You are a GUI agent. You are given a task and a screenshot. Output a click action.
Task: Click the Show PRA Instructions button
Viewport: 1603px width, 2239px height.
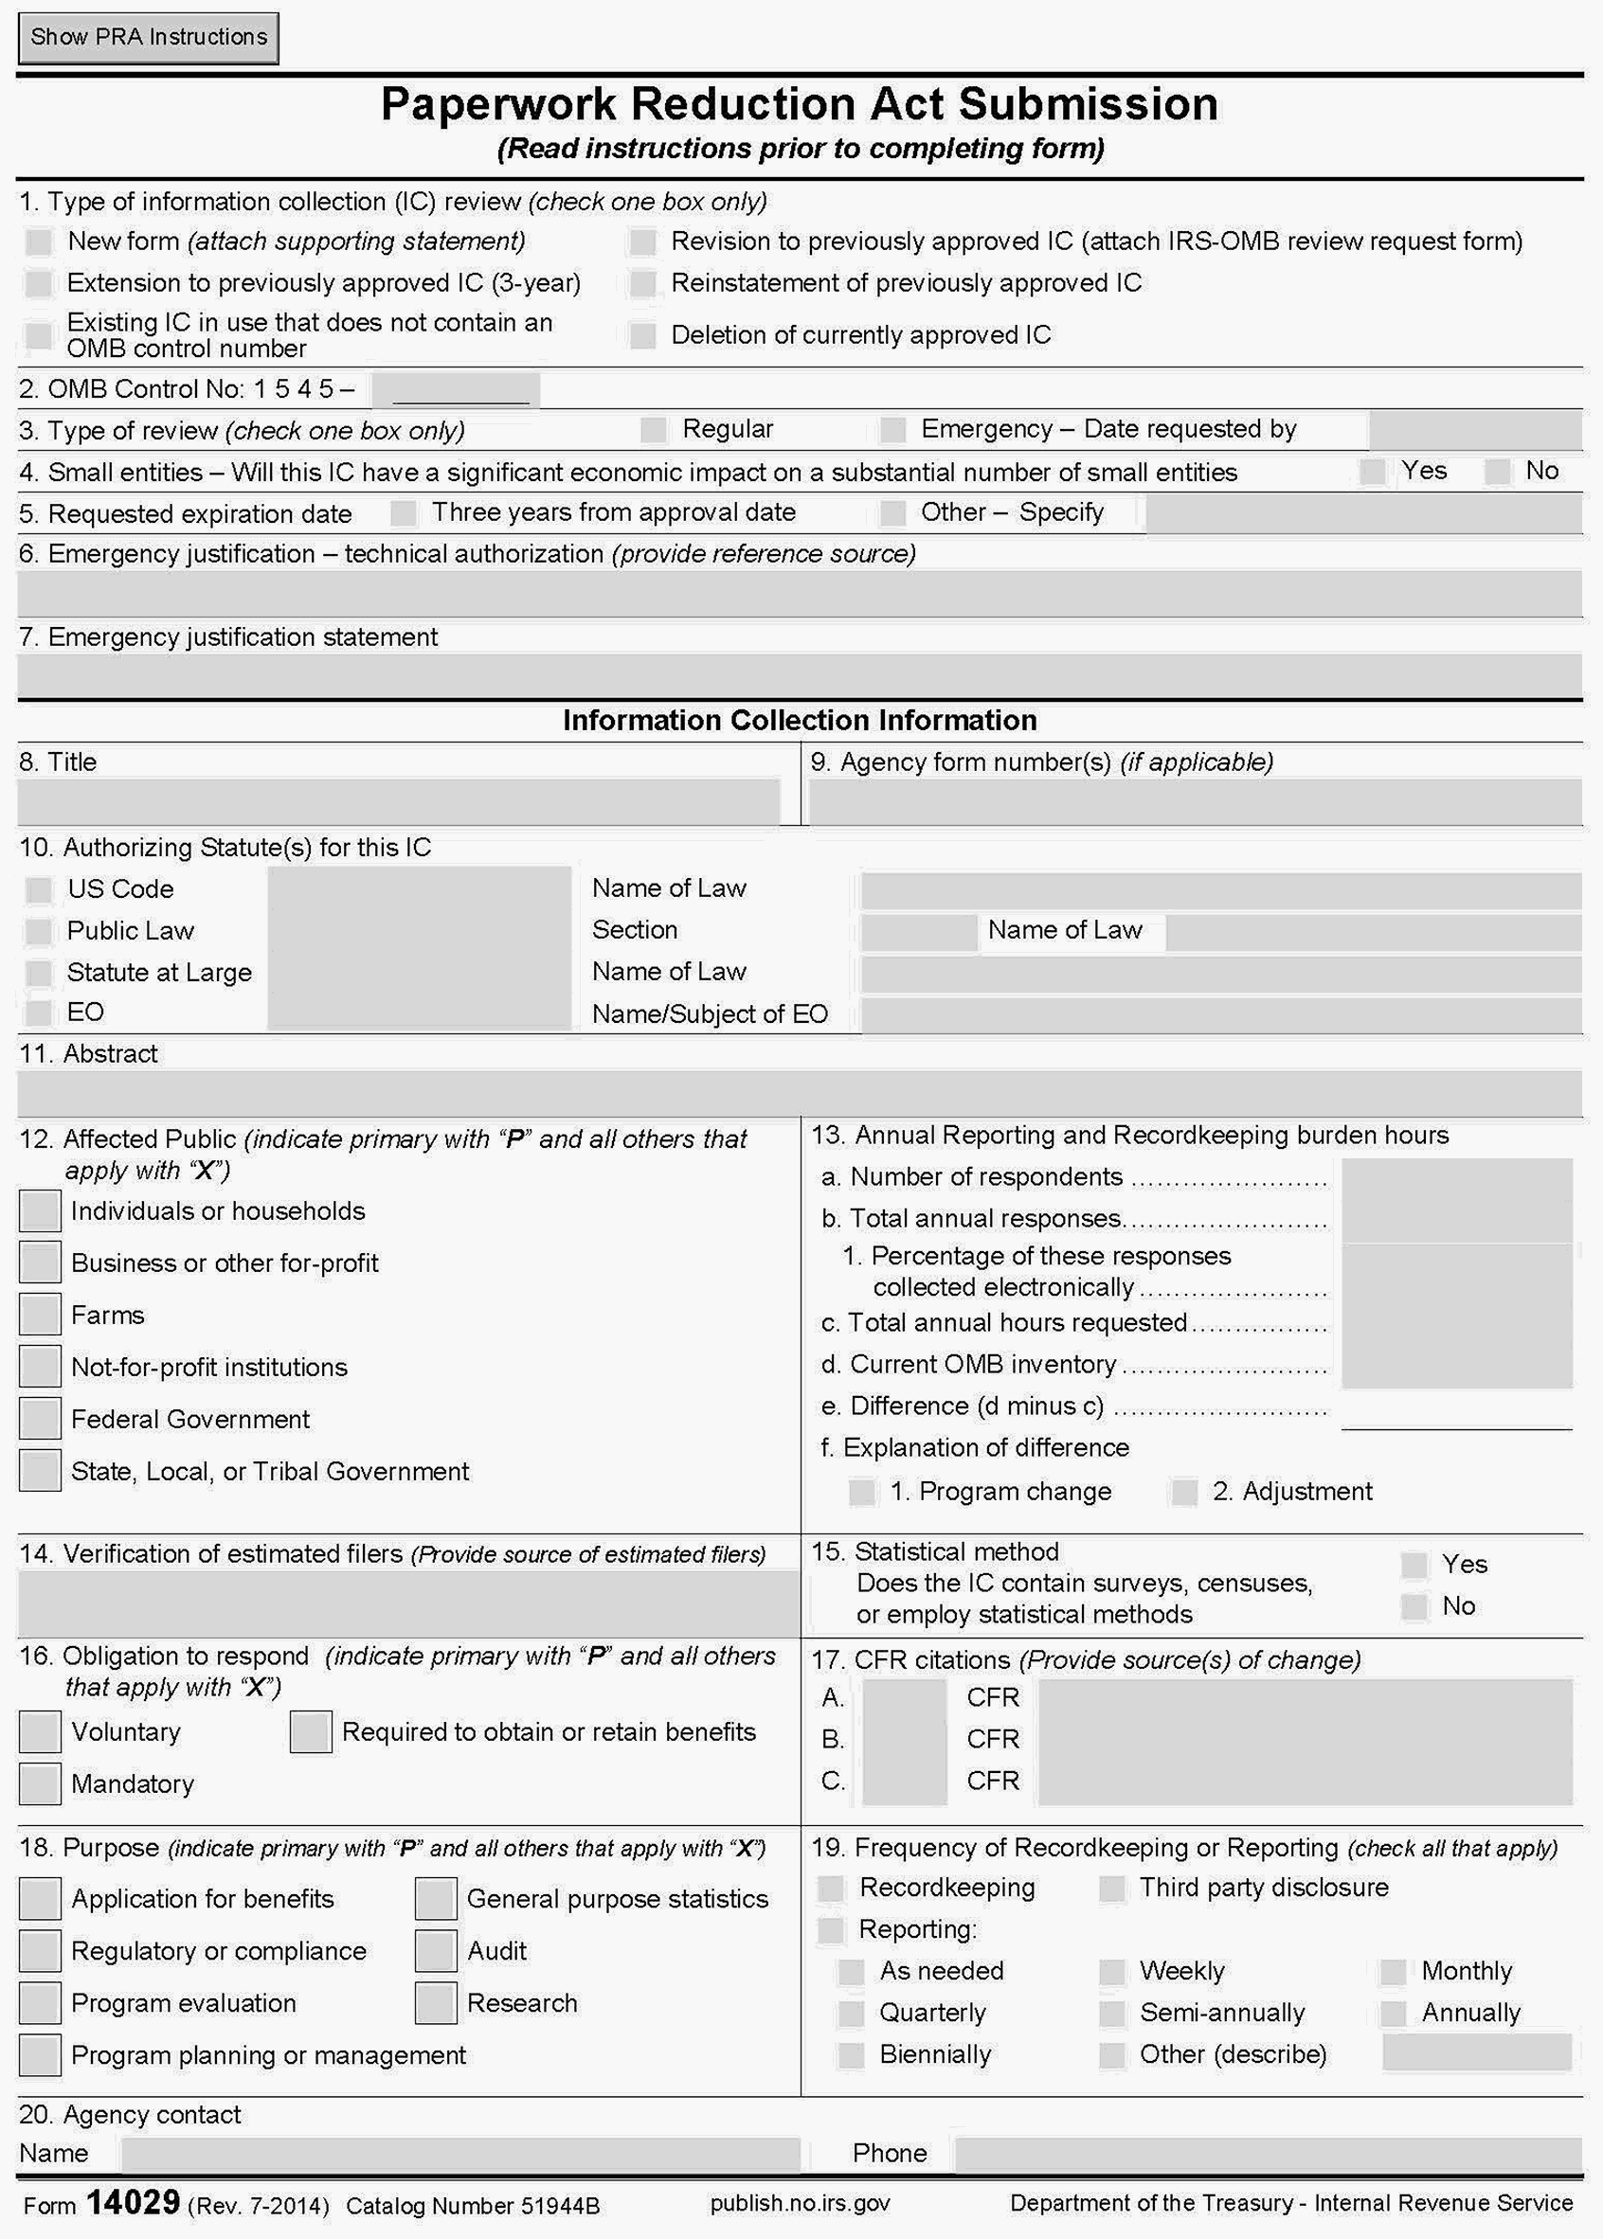pos(148,38)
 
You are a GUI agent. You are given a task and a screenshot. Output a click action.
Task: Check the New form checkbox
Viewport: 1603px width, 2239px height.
pos(40,242)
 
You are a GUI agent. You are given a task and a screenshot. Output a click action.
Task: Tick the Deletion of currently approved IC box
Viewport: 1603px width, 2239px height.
pos(642,335)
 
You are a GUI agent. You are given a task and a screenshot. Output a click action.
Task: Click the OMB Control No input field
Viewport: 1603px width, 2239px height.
pos(456,390)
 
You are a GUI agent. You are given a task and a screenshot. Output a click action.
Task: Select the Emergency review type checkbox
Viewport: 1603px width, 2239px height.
pos(892,430)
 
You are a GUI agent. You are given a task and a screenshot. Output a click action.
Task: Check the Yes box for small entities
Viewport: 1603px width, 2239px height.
pos(1371,472)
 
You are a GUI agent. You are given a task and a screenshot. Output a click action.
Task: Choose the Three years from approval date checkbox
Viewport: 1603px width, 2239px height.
pos(403,513)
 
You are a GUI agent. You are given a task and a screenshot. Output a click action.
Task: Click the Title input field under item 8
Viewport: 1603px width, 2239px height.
pos(399,800)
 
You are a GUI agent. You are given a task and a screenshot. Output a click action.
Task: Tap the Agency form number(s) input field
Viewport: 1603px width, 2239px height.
pos(1195,800)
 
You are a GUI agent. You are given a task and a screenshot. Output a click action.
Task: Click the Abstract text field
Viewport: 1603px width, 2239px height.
pos(800,1093)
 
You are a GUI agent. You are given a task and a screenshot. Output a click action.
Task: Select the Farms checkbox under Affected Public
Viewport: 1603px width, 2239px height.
pos(41,1315)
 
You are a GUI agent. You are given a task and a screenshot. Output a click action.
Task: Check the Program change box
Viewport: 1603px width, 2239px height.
pos(862,1492)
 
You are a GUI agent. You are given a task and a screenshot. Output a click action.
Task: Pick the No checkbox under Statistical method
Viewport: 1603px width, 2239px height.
pos(1414,1606)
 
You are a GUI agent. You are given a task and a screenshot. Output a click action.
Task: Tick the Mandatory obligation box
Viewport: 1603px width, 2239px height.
pos(41,1784)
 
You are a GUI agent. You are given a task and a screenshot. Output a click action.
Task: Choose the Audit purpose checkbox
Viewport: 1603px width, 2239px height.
pos(435,1951)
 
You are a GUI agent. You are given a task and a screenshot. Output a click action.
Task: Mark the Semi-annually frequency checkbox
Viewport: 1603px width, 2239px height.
pos(1112,2013)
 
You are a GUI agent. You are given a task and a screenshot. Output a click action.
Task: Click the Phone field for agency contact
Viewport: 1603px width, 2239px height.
pos(1268,2154)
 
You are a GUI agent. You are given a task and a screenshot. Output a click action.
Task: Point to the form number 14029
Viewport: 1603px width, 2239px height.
pos(133,2202)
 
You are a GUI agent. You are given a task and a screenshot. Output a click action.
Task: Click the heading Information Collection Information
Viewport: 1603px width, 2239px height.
pos(800,721)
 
